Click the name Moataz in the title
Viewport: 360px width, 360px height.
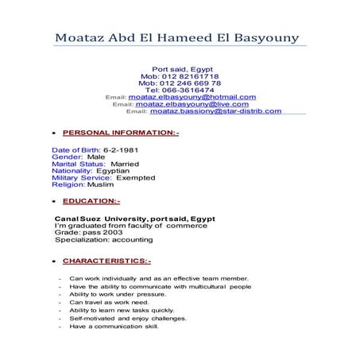tap(83, 39)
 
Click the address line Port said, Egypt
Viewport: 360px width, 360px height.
tap(180, 69)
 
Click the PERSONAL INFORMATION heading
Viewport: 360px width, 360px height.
tap(120, 134)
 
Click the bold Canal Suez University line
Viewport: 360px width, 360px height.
tap(134, 219)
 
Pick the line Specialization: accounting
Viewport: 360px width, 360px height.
tap(105, 240)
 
